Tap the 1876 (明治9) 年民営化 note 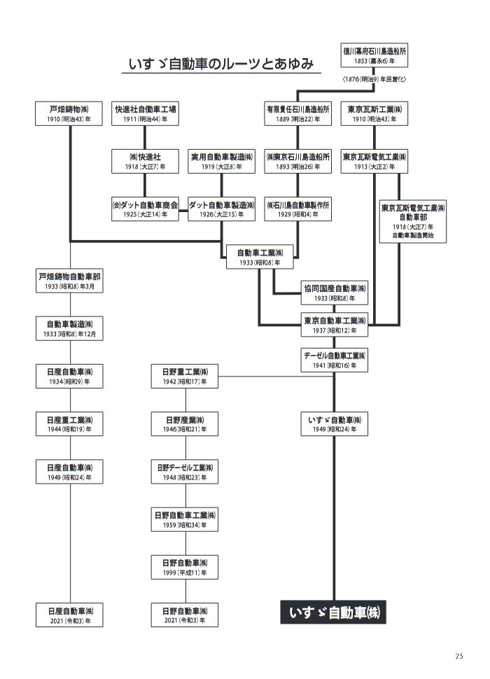click(x=374, y=80)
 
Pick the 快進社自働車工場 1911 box click(x=146, y=114)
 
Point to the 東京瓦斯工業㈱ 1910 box click(x=374, y=114)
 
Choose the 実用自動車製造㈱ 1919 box click(x=222, y=161)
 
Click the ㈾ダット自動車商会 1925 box click(x=146, y=209)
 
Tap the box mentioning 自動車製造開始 click(x=413, y=222)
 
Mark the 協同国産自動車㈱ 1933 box click(x=335, y=293)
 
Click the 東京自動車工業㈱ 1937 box click(x=335, y=325)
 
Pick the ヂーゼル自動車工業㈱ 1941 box click(x=335, y=360)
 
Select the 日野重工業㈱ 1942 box click(x=185, y=377)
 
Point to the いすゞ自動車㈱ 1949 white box click(x=335, y=424)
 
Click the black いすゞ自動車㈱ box click(x=334, y=612)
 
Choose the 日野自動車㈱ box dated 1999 click(x=185, y=567)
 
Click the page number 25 click(x=458, y=656)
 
